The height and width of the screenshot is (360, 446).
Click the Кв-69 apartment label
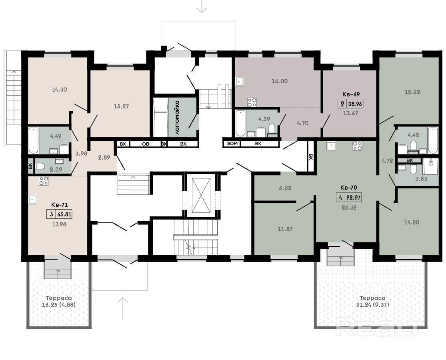[x=351, y=94]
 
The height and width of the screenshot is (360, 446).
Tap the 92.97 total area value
[x=353, y=197]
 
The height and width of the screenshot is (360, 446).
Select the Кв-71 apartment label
[x=60, y=205]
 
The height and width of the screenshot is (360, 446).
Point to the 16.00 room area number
[x=280, y=81]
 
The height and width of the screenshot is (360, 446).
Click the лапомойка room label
[x=177, y=117]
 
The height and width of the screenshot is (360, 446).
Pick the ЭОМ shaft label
[x=232, y=144]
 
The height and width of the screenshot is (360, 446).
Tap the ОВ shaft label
[x=145, y=144]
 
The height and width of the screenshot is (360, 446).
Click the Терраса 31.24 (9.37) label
[x=373, y=302]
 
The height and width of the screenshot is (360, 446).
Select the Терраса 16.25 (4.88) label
[x=59, y=302]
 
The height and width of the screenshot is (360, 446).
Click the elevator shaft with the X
[x=201, y=196]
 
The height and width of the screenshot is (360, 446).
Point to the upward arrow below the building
[x=122, y=308]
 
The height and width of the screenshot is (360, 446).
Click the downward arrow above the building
[x=202, y=6]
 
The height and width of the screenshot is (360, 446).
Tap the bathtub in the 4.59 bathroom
[x=241, y=123]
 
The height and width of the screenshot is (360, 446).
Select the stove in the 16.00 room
[x=252, y=102]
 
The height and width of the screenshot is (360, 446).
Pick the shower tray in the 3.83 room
[x=430, y=166]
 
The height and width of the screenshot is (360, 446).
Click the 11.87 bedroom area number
[x=285, y=229]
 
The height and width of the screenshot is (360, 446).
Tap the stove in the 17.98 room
[x=44, y=181]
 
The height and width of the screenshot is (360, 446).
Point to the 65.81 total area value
[x=64, y=214]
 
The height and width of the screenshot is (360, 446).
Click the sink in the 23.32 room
[x=331, y=146]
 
